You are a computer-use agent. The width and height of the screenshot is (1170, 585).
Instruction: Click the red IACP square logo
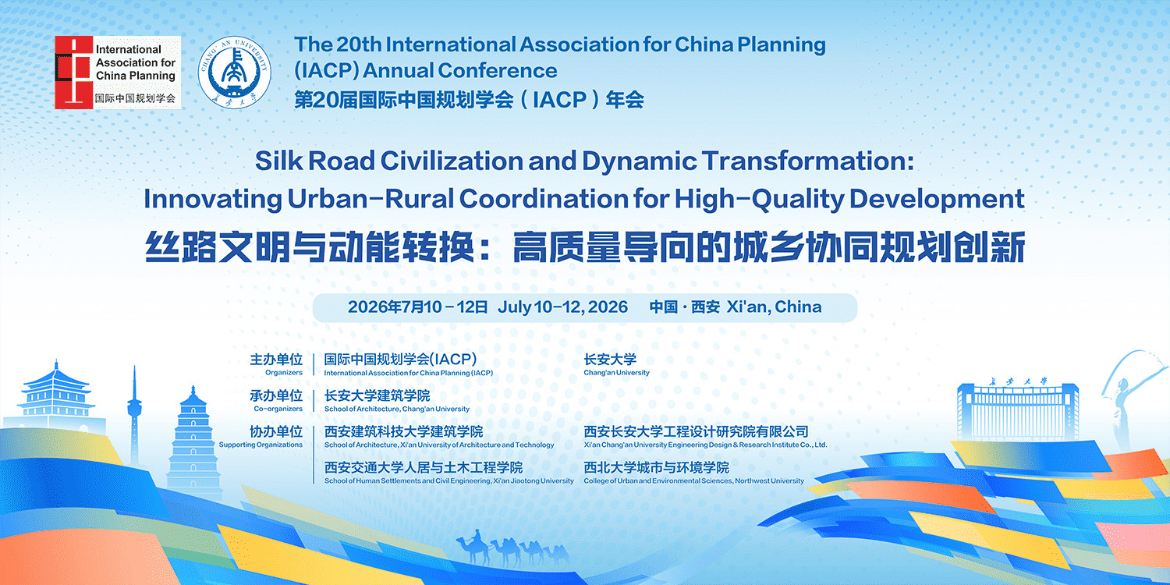coord(73,72)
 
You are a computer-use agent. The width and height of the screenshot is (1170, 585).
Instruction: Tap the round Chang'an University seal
coord(232,72)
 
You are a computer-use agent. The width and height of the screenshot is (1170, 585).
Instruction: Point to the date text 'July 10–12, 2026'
coord(562,307)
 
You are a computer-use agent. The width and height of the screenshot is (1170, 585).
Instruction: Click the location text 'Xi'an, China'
coord(774,307)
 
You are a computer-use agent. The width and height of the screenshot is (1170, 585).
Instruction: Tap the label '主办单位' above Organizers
coord(276,360)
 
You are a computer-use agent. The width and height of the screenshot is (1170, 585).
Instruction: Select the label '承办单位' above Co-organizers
coord(276,395)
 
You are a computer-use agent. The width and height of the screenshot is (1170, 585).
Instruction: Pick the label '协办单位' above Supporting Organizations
coord(276,431)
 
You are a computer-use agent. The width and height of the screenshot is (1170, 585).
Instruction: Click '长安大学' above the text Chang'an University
coord(610,360)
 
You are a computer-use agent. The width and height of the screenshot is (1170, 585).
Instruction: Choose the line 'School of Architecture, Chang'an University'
coord(397,409)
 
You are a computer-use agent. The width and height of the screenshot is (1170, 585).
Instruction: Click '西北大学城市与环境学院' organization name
coord(656,467)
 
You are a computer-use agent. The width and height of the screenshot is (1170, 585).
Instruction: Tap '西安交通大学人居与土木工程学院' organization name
coord(424,467)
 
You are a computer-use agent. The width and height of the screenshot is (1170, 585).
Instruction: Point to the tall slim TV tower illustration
coord(134,421)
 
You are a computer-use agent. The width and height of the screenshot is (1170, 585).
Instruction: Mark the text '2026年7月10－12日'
coord(417,307)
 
